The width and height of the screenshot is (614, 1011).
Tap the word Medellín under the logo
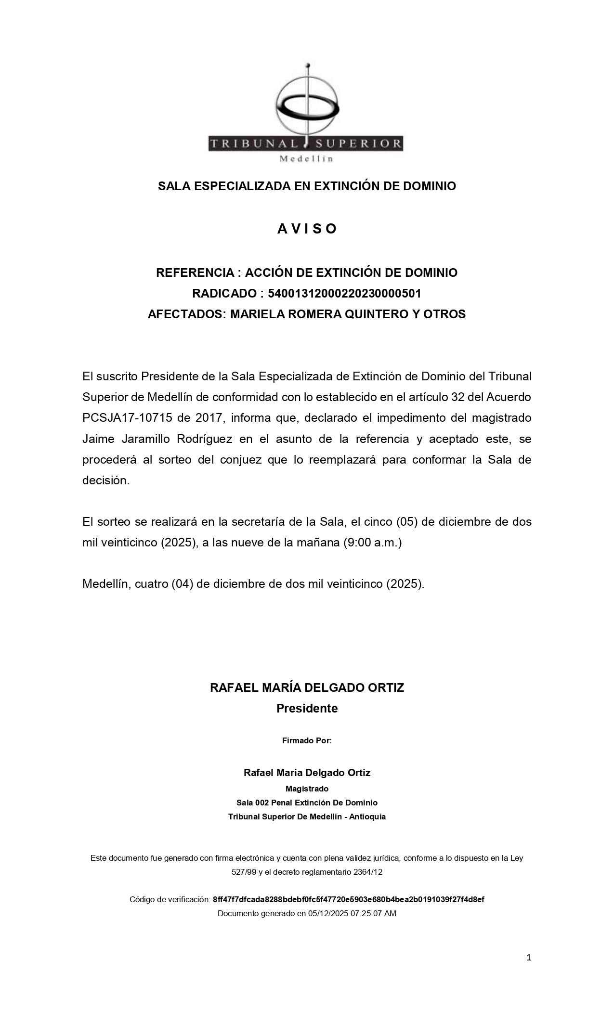pyautogui.click(x=307, y=159)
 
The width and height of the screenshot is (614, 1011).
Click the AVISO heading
pyautogui.click(x=307, y=229)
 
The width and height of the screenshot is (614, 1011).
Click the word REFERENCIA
pyautogui.click(x=195, y=272)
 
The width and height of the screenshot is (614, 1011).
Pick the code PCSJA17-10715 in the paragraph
pyautogui.click(x=127, y=418)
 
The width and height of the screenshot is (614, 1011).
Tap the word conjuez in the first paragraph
pyautogui.click(x=241, y=460)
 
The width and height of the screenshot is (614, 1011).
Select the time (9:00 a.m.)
pyautogui.click(x=372, y=543)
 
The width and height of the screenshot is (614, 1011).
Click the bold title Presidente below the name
pyautogui.click(x=307, y=708)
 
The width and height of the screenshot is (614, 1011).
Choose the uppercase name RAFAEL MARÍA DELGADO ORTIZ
pyautogui.click(x=307, y=687)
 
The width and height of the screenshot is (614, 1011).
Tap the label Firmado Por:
pyautogui.click(x=307, y=740)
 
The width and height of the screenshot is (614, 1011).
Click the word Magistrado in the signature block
pyautogui.click(x=307, y=789)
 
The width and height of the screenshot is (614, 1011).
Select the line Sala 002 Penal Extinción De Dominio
pyautogui.click(x=307, y=803)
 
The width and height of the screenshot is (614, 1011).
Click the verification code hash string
pyautogui.click(x=348, y=899)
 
